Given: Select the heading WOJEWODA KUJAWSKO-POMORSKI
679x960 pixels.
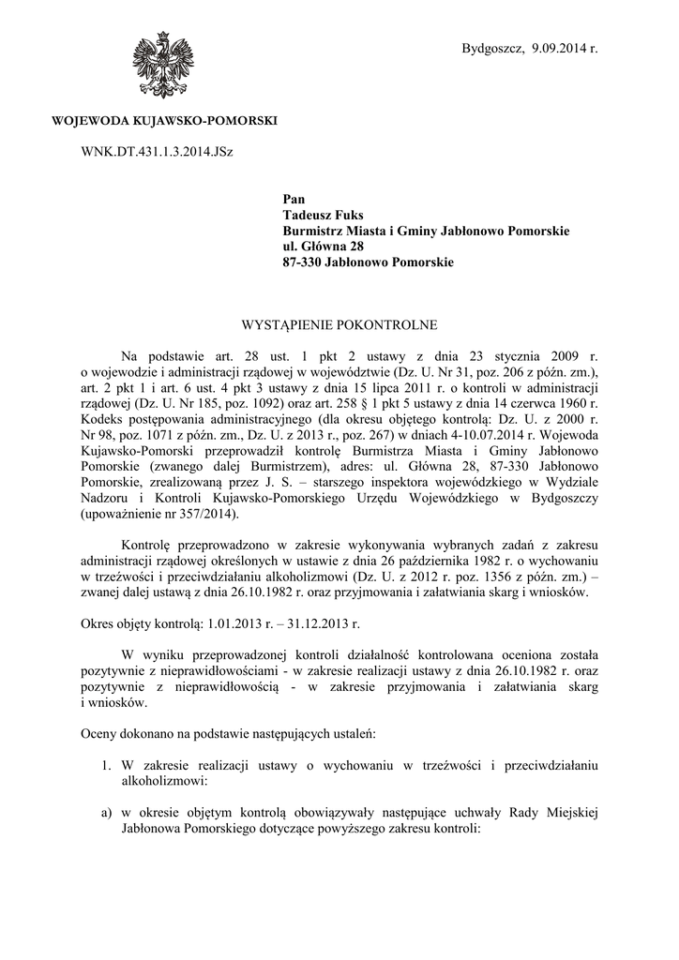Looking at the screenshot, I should pyautogui.click(x=164, y=122).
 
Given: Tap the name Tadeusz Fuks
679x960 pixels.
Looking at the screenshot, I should pyautogui.click(x=323, y=215).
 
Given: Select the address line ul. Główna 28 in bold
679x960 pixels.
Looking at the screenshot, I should pyautogui.click(x=324, y=247).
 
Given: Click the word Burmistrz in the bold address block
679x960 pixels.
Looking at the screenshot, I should pyautogui.click(x=314, y=231).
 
